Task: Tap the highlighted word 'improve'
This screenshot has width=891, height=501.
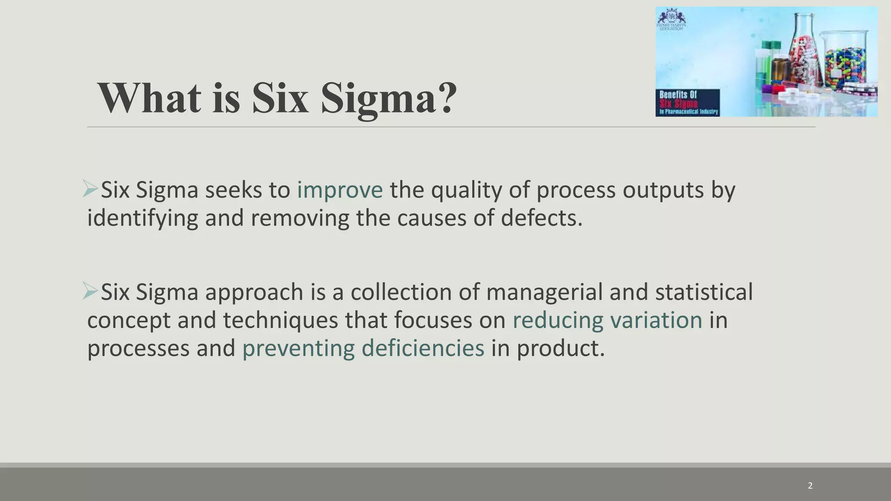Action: [x=339, y=190]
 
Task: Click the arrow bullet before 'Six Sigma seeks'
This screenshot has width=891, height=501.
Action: [x=90, y=189]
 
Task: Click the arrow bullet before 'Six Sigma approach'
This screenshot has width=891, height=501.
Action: [x=90, y=291]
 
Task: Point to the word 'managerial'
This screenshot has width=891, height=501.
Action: [x=544, y=292]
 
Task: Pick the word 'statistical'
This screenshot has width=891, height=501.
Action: [x=703, y=291]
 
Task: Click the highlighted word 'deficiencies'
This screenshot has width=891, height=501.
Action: [x=422, y=348]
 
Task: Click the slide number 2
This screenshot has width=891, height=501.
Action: [x=810, y=486]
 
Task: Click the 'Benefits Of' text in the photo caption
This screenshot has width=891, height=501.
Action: [x=678, y=95]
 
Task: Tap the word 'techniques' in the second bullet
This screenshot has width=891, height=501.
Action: [x=280, y=321]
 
